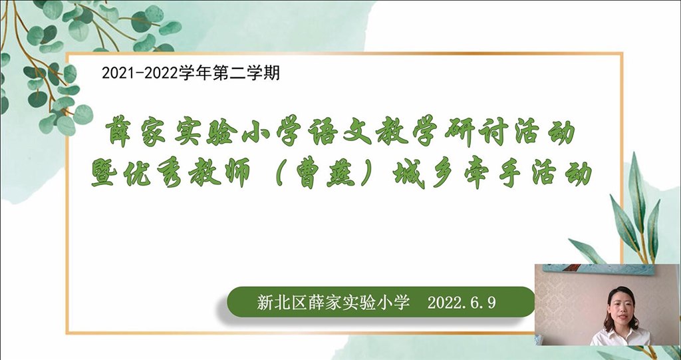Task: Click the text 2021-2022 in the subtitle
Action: point(140,73)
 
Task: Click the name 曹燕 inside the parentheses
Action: point(323,174)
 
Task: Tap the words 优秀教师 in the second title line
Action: point(187,174)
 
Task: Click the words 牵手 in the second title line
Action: point(491,174)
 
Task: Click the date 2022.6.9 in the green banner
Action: point(462,303)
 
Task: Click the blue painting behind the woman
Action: point(599,270)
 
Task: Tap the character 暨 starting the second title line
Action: point(104,174)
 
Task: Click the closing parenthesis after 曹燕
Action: point(367,174)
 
